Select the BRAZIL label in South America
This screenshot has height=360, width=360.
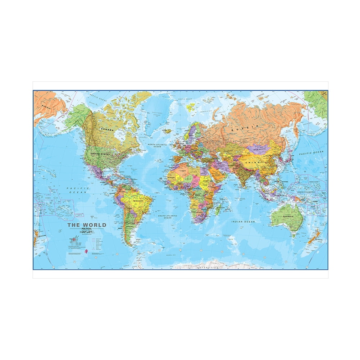pyautogui.click(x=138, y=200)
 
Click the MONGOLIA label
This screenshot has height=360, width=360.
pyautogui.click(x=260, y=149)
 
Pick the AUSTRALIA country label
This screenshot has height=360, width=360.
pyautogui.click(x=287, y=216)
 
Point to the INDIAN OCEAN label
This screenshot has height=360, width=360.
pyautogui.click(x=243, y=222)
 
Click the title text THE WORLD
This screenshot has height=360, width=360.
pyautogui.click(x=87, y=225)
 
